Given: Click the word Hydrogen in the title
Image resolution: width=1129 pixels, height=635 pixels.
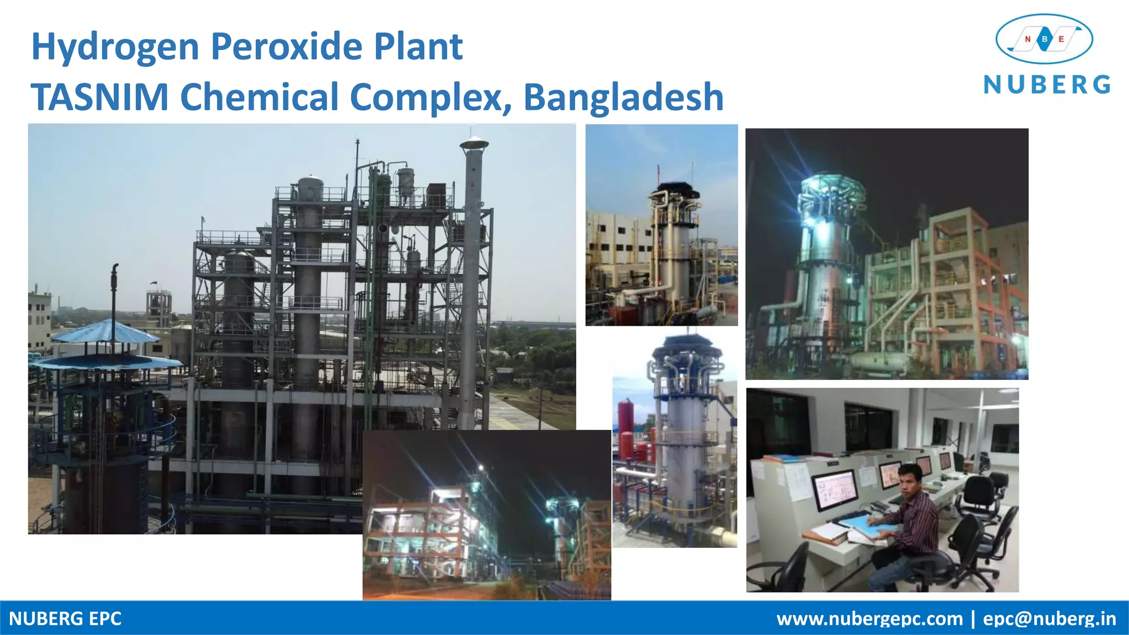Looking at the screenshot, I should coord(115,47).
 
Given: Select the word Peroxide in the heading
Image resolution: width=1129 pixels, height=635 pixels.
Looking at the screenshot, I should coord(287,46).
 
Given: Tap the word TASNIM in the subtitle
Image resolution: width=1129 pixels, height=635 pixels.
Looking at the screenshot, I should coord(99,97).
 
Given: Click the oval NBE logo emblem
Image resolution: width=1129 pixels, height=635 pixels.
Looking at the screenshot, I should coord(1044,39).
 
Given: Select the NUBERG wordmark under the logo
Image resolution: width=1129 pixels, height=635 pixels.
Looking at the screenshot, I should coord(1047,85).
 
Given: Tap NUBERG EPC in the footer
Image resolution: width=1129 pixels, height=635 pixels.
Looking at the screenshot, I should coord(65,618).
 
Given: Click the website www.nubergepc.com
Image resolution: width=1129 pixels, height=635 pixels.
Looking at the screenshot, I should coord(869,618).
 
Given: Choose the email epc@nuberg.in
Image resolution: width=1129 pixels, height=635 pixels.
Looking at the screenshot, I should coord(1049,618).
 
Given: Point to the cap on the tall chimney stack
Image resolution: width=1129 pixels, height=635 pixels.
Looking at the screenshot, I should coord(474,143).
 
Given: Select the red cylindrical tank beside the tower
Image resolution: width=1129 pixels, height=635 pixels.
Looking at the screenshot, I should coord(626,419).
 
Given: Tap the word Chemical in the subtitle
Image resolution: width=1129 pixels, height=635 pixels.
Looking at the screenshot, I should coord(259,97).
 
